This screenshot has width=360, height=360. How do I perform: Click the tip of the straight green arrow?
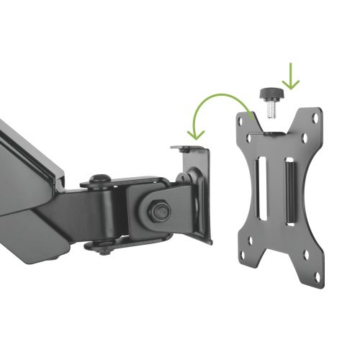[x=290, y=89]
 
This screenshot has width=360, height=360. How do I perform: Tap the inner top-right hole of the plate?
[x=304, y=138]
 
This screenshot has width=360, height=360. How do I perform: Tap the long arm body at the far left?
[x=25, y=173]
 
